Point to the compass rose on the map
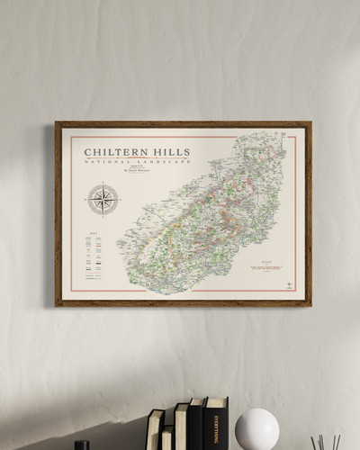point(103,199)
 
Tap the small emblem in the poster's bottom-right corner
point(289,284)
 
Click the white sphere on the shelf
point(256,429)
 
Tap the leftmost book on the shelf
point(155,430)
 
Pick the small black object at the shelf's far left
point(82,445)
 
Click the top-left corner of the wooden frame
point(56,122)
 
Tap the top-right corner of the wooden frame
point(310,122)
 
